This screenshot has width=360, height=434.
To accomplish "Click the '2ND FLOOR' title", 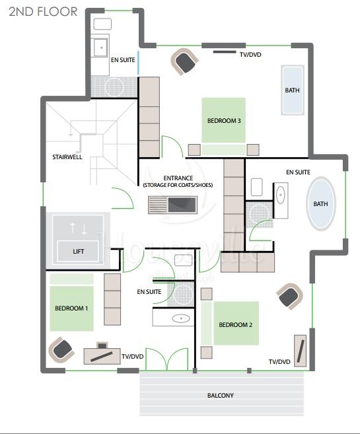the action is click(x=43, y=12).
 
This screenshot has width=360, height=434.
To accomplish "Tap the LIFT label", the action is click(x=79, y=251).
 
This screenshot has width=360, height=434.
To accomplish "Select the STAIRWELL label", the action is click(x=67, y=157).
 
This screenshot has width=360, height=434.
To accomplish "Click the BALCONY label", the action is click(x=220, y=395).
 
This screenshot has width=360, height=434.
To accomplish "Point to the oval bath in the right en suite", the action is click(x=321, y=203).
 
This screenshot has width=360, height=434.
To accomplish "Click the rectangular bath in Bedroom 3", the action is click(x=293, y=90).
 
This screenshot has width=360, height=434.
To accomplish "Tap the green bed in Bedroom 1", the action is click(x=71, y=303).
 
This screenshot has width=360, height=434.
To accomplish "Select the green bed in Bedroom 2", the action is click(x=231, y=323).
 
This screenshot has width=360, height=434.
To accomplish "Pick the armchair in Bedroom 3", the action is click(x=184, y=61).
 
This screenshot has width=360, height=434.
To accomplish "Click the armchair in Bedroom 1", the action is click(x=61, y=350).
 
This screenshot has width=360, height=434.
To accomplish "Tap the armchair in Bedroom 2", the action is click(x=289, y=296).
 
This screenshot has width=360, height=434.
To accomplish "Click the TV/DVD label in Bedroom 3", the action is click(x=250, y=55).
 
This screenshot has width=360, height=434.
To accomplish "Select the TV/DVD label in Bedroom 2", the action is click(x=279, y=362).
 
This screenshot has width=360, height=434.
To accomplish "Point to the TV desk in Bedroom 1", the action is click(x=102, y=355).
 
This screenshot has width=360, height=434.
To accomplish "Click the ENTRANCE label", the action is click(x=178, y=178).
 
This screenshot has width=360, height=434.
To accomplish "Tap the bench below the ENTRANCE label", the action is click(x=172, y=205).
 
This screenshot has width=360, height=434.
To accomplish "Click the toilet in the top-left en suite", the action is click(x=102, y=24).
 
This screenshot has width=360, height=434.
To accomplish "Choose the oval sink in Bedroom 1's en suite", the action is click(x=181, y=318).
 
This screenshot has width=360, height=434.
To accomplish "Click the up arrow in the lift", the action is click(x=73, y=227).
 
